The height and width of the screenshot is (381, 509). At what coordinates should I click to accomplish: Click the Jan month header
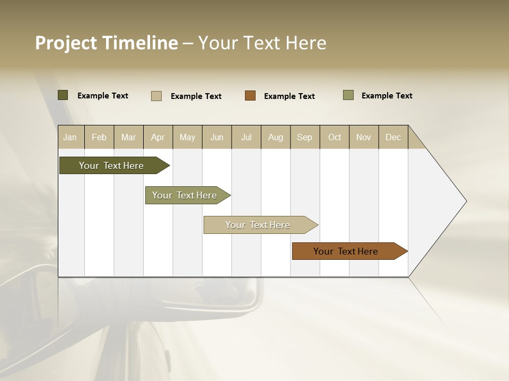[x=71, y=137]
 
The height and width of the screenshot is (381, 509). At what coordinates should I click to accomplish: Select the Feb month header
[x=99, y=137]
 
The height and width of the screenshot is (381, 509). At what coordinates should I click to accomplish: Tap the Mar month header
[x=129, y=137]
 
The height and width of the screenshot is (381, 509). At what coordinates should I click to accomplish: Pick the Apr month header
[x=158, y=137]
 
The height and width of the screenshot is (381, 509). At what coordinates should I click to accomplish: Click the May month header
[x=187, y=137]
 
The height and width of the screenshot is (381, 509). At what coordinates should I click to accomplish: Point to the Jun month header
[x=217, y=137]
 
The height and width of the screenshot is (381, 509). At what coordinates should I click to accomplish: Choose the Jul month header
[x=247, y=137]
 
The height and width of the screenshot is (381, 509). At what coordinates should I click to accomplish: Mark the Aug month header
[x=276, y=137]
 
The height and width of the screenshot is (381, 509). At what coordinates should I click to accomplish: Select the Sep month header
[x=305, y=137]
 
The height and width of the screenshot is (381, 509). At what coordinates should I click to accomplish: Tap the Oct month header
[x=335, y=137]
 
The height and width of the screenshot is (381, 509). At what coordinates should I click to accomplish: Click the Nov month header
[x=364, y=137]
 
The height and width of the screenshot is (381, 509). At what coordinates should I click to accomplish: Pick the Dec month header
[x=393, y=137]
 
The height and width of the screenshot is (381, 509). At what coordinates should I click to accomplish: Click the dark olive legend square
[x=63, y=95]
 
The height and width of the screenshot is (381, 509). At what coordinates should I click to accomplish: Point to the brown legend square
[x=250, y=96]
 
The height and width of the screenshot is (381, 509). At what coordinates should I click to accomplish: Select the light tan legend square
[x=156, y=96]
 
